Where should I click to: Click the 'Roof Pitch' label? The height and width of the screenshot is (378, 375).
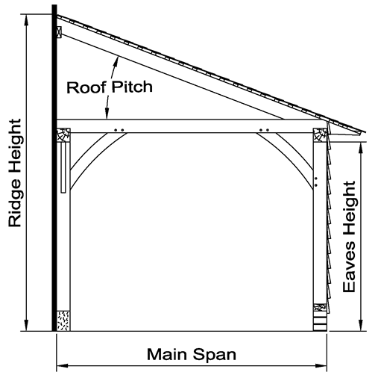(x=110, y=87)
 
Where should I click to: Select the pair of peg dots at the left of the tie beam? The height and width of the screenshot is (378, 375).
(x=118, y=130)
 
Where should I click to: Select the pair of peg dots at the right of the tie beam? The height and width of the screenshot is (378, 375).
(x=262, y=130)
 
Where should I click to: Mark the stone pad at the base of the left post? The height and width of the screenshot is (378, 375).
(x=63, y=320)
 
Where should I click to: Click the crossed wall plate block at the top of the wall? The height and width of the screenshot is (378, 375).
(x=57, y=34)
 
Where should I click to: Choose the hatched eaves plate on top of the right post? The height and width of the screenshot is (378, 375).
(x=320, y=136)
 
